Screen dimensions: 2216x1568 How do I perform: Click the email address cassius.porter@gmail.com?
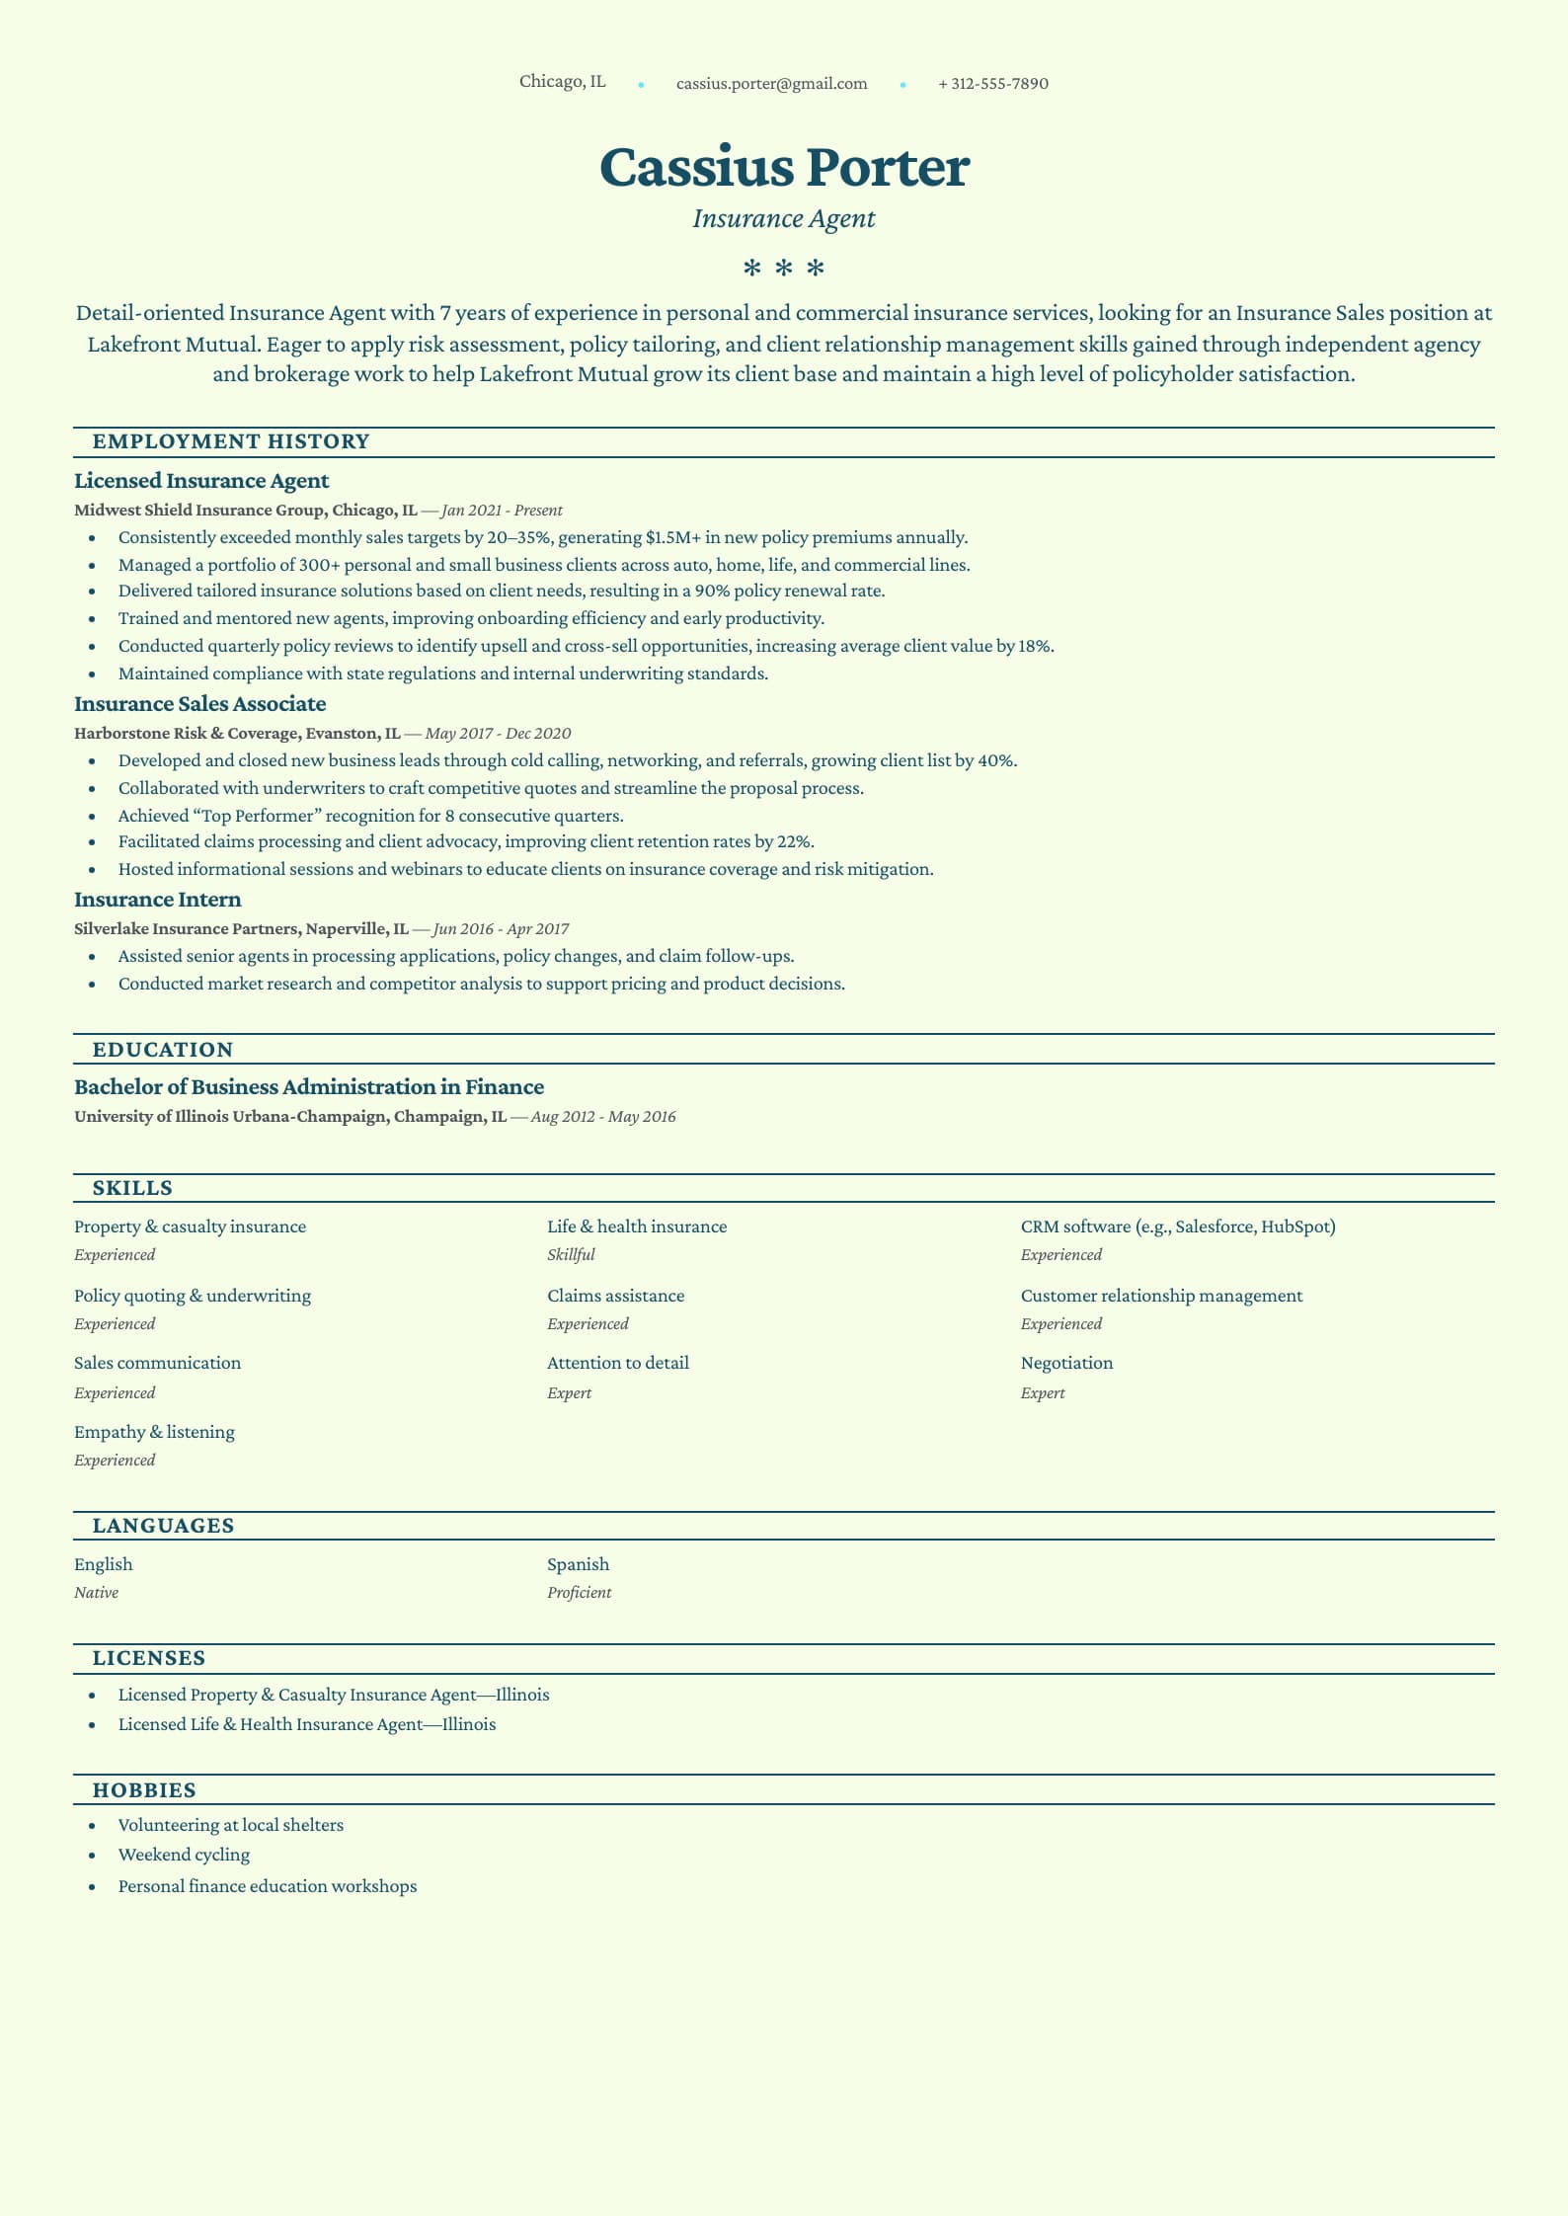click(x=771, y=84)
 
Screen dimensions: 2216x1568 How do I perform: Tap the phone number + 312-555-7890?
click(x=992, y=84)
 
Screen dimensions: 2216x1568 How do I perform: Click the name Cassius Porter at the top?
click(x=784, y=167)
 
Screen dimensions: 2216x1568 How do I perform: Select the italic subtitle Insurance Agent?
click(x=784, y=219)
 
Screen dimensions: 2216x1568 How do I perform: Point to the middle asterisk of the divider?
click(x=784, y=269)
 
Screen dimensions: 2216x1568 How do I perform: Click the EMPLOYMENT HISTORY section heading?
click(x=231, y=442)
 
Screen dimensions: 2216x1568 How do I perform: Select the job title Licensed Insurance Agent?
click(x=201, y=481)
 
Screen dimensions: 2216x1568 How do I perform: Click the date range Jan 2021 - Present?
click(x=503, y=511)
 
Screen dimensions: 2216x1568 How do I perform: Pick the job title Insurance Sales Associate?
click(x=199, y=704)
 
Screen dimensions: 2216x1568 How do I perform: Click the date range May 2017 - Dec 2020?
click(x=498, y=734)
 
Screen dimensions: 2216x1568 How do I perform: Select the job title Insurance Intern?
click(x=157, y=900)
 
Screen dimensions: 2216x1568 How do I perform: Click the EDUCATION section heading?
click(x=163, y=1050)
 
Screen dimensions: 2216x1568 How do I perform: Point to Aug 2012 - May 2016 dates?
click(x=603, y=1117)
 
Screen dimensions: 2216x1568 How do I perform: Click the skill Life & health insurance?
click(x=637, y=1227)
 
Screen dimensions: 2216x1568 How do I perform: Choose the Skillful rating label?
click(x=571, y=1255)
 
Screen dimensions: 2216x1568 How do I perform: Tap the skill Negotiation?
click(x=1066, y=1363)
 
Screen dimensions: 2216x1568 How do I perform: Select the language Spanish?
click(x=578, y=1564)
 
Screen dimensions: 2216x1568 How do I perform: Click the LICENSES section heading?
click(x=149, y=1658)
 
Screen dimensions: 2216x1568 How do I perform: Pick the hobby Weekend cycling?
click(x=184, y=1855)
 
